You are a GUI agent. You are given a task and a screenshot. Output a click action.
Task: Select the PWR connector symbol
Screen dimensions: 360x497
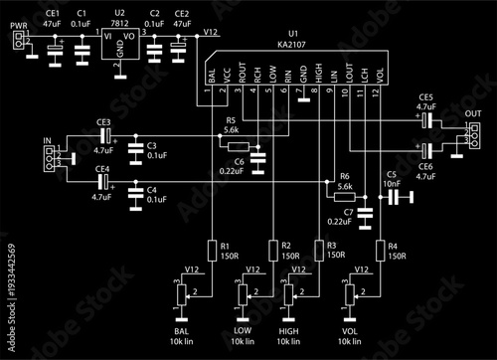coord(17,41)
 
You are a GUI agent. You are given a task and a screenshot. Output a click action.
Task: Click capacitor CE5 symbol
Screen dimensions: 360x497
coord(425,120)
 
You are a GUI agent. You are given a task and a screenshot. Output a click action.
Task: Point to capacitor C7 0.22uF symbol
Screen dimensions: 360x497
coord(365,212)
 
